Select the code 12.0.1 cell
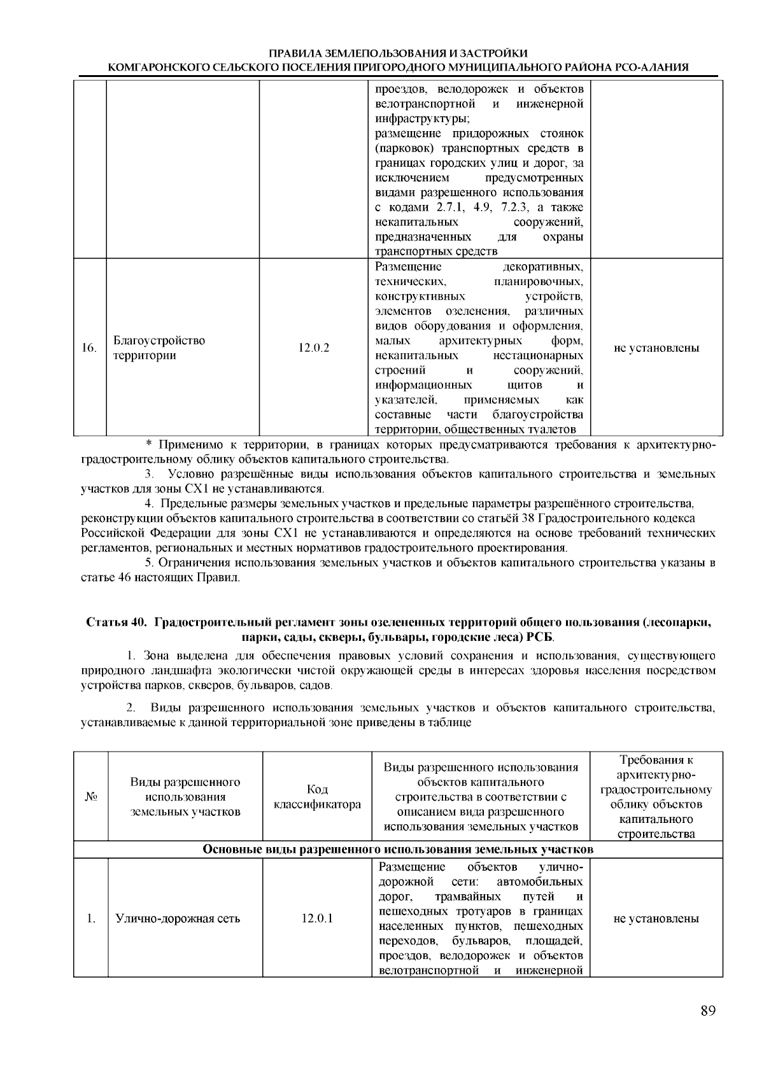pyautogui.click(x=317, y=918)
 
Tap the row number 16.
pyautogui.click(x=89, y=348)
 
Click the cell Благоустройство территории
pyautogui.click(x=159, y=348)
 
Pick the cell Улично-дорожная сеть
pyautogui.click(x=178, y=918)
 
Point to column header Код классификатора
pyautogui.click(x=317, y=797)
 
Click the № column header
pyautogui.click(x=90, y=797)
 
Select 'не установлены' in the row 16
pyautogui.click(x=656, y=348)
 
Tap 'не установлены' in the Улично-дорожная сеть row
pyautogui.click(x=656, y=918)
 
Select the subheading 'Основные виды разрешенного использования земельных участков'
pyautogui.click(x=398, y=850)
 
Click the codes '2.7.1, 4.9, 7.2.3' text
pyautogui.click(x=485, y=208)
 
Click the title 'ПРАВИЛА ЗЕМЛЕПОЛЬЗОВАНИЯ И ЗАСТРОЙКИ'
pyautogui.click(x=398, y=53)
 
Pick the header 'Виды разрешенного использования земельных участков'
pyautogui.click(x=185, y=797)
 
